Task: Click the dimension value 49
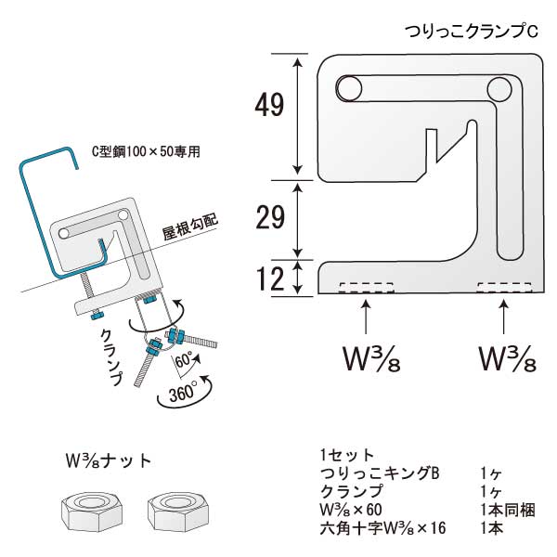268,106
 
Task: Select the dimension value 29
268,218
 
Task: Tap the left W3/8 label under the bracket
367,358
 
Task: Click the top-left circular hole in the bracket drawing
348,88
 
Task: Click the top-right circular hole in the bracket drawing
498,89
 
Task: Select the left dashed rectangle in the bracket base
366,287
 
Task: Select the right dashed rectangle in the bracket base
504,287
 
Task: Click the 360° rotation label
175,396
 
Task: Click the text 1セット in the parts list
346,455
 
